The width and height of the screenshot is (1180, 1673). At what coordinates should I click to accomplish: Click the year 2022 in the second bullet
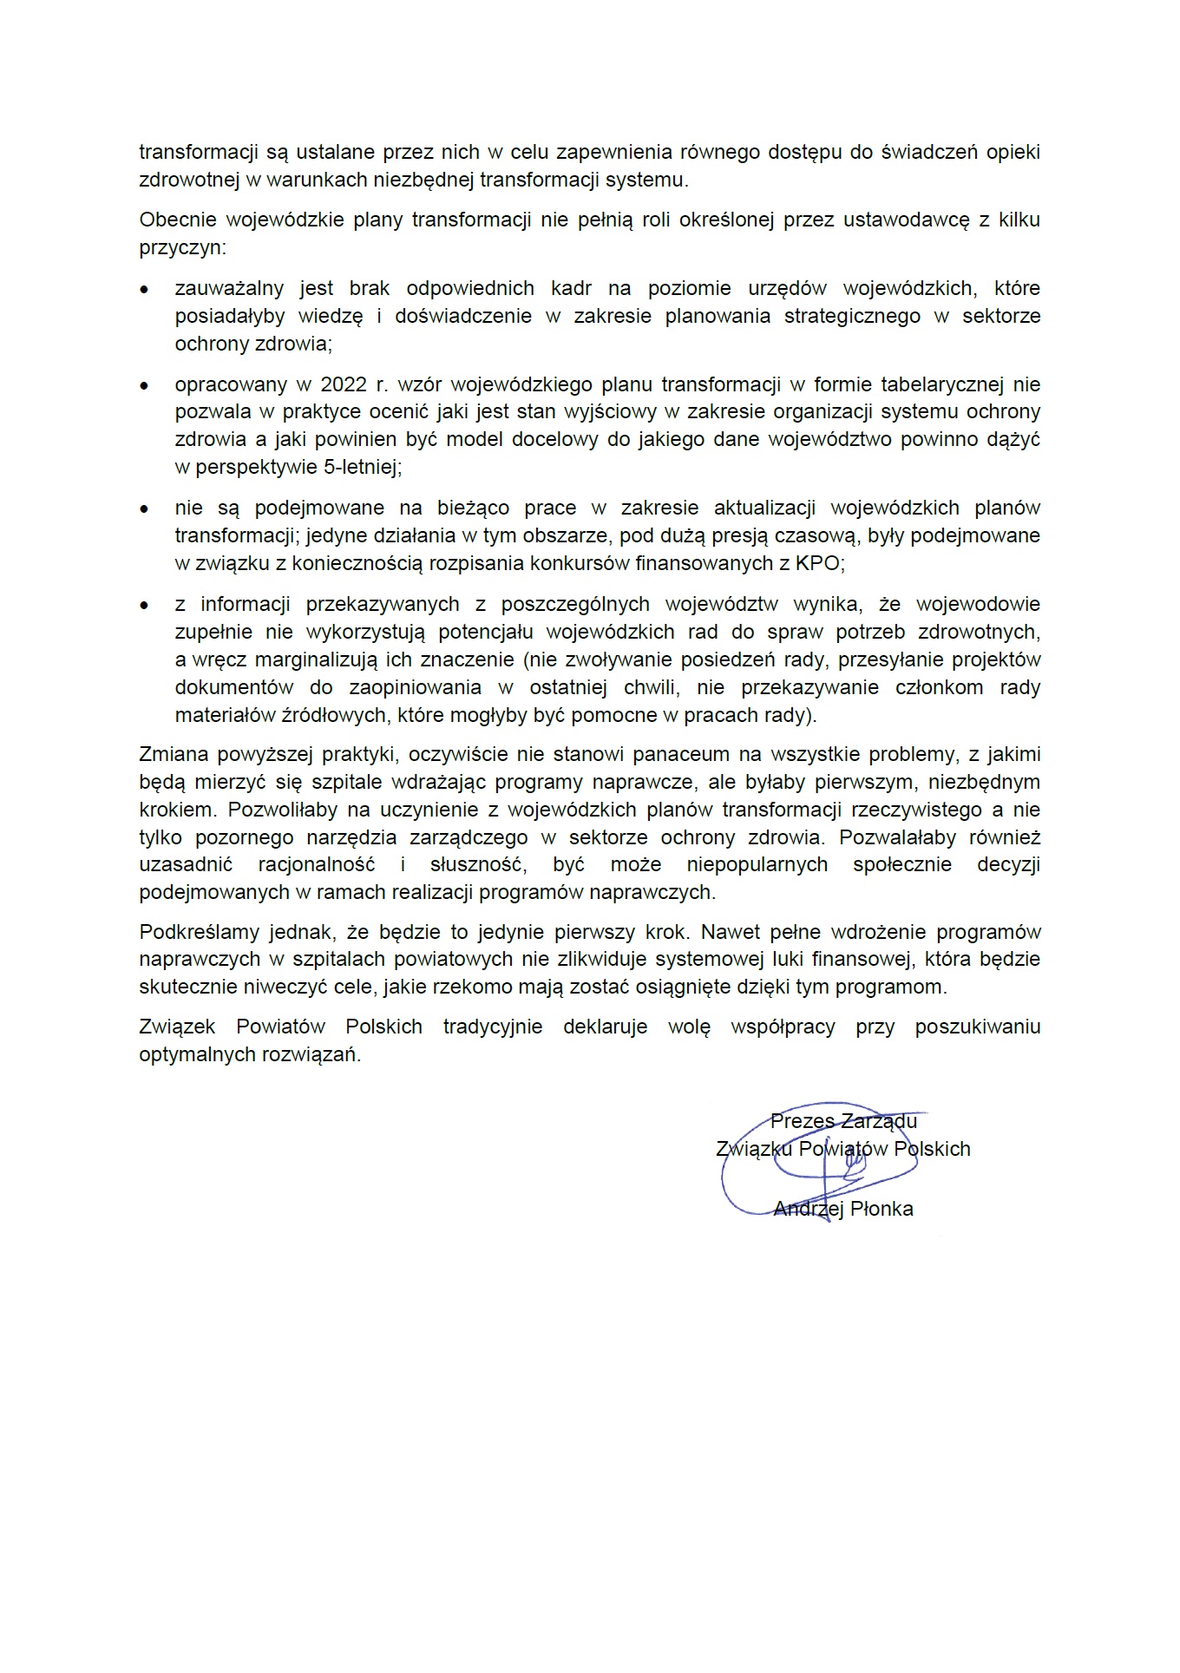pyautogui.click(x=344, y=384)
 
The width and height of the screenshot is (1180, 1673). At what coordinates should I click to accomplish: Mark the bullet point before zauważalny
pyautogui.click(x=145, y=289)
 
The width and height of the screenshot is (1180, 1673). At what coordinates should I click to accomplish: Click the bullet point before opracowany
pyautogui.click(x=145, y=385)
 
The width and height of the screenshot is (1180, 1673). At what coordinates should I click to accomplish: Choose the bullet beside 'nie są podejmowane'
pyautogui.click(x=145, y=508)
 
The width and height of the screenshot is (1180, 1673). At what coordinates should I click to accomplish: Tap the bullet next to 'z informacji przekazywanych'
pyautogui.click(x=145, y=605)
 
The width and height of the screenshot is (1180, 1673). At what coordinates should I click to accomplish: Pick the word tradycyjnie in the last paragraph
pyautogui.click(x=493, y=1027)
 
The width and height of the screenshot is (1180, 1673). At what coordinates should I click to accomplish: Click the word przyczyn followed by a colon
pyautogui.click(x=180, y=248)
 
